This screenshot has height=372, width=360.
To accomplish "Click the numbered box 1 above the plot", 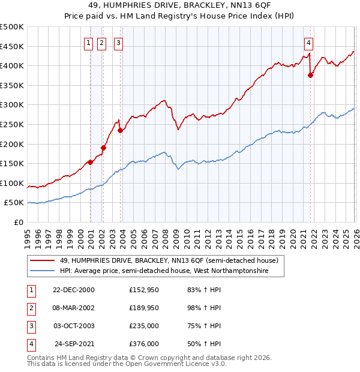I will [88, 43].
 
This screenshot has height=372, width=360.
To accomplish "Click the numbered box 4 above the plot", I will [308, 43].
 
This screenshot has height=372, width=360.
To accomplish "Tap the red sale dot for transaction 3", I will [121, 130].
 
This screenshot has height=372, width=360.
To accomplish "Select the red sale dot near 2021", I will [310, 75].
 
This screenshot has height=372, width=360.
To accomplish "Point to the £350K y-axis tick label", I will [12, 85].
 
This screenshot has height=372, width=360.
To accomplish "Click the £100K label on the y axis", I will [12, 183].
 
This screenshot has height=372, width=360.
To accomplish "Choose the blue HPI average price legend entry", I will [163, 271].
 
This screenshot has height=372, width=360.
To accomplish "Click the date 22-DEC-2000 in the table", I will [74, 290].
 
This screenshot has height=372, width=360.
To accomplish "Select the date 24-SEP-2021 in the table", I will [74, 344].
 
